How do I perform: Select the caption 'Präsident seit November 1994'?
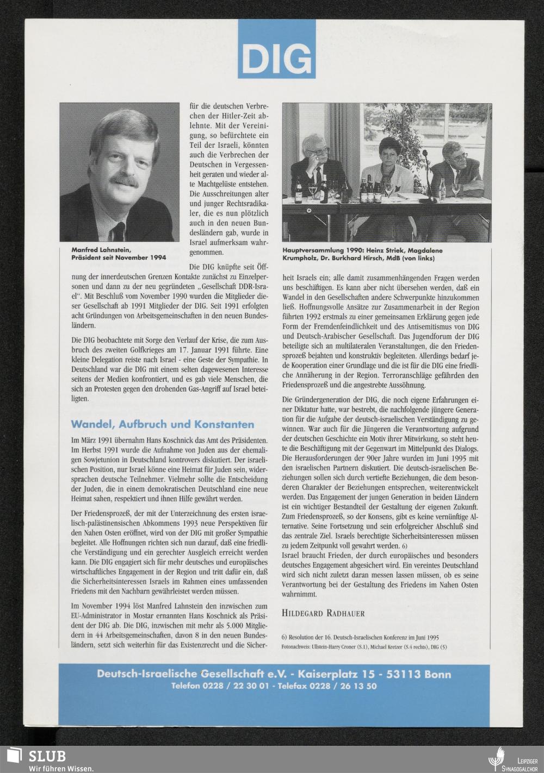pyautogui.click(x=119, y=257)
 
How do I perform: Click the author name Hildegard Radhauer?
pyautogui.click(x=324, y=613)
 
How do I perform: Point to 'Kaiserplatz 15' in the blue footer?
pyautogui.click(x=341, y=675)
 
